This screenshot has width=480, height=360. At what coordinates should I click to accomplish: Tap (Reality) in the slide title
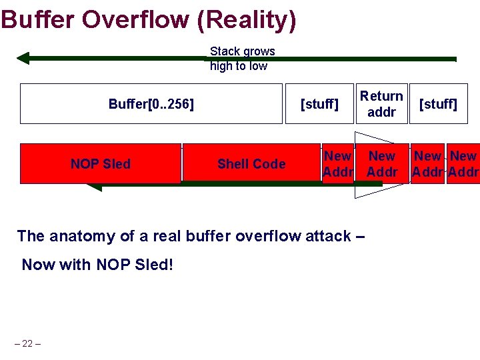[x=247, y=19]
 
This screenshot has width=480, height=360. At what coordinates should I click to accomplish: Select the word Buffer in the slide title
[x=39, y=19]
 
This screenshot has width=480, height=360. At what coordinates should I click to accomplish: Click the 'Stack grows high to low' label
[x=242, y=59]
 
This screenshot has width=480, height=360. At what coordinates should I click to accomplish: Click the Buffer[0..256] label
[x=151, y=104]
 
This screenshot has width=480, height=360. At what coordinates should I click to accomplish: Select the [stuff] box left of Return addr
[x=319, y=104]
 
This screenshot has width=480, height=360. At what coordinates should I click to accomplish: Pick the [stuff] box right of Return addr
[x=437, y=104]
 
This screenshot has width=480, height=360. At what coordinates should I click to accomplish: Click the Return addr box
[x=381, y=104]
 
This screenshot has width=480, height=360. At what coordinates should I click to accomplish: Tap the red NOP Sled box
[x=101, y=163]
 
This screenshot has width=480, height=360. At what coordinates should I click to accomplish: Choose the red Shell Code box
[x=251, y=163]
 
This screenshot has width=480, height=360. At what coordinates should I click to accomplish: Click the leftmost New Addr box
[x=337, y=163]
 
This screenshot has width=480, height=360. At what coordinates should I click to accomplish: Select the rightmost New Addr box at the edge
[x=463, y=163]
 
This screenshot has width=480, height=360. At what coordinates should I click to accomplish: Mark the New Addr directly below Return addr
[x=382, y=163]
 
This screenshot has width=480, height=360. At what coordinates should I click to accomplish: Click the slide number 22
[x=27, y=343]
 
